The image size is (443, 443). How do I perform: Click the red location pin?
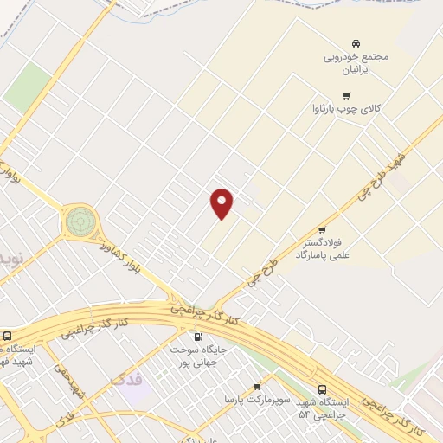point(222,203)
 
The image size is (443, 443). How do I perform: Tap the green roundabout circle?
point(80,221)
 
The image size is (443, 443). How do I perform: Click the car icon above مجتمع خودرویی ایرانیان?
point(355,43)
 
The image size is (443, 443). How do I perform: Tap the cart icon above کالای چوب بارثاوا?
point(346,95)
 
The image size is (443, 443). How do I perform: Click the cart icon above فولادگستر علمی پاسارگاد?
point(322,229)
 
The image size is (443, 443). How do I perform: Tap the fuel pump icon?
point(198,337)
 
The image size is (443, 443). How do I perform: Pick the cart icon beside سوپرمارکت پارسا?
point(257,387)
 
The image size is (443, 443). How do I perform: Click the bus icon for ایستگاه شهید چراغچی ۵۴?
point(323,390)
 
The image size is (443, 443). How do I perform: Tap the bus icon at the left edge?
point(8,337)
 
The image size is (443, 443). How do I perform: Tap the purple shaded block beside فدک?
point(134,388)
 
